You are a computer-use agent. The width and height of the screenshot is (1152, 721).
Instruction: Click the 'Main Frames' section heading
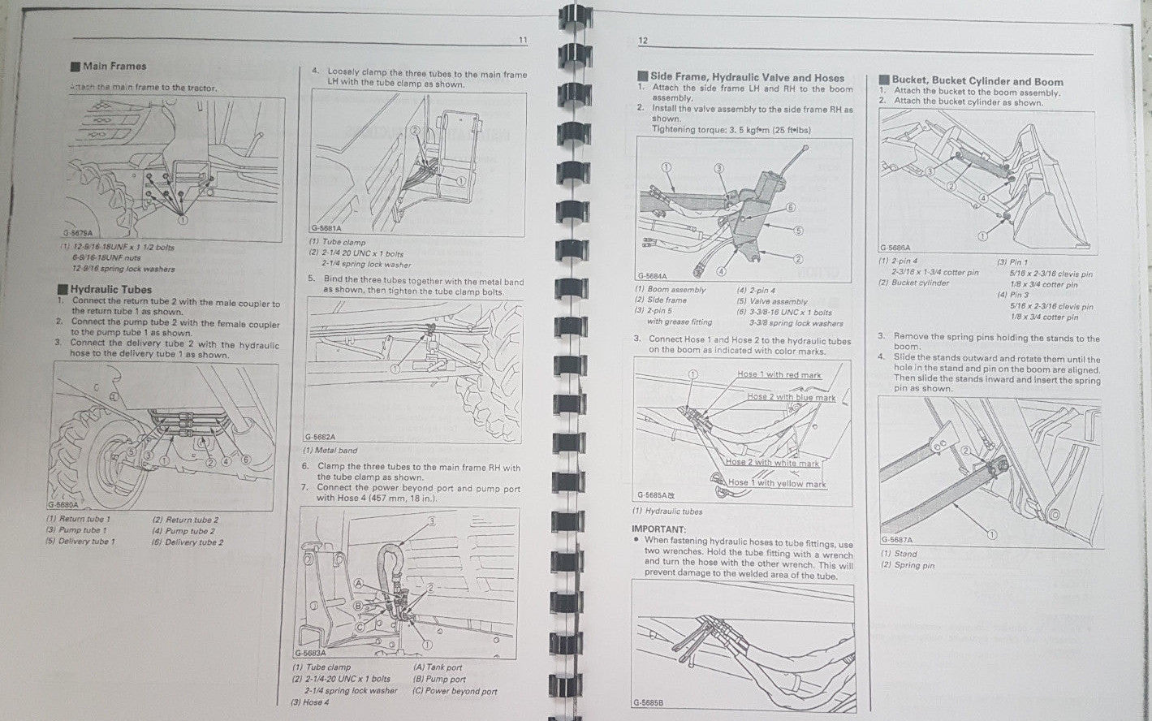pyautogui.click(x=114, y=67)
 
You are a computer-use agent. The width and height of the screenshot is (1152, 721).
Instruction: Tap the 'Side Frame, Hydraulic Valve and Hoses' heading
pyautogui.click(x=746, y=77)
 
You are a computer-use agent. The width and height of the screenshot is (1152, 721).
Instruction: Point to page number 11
pyautogui.click(x=523, y=40)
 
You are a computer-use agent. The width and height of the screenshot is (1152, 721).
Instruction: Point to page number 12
pyautogui.click(x=642, y=41)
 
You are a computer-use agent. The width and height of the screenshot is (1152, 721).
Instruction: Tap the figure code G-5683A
pyautogui.click(x=309, y=653)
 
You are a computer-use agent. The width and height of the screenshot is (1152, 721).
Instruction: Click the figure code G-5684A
pyautogui.click(x=652, y=276)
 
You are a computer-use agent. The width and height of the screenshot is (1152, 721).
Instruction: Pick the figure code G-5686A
pyautogui.click(x=895, y=248)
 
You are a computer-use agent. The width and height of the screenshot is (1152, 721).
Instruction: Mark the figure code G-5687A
pyautogui.click(x=896, y=540)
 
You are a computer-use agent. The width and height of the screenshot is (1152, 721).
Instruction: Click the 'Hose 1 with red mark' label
pyautogui.click(x=779, y=375)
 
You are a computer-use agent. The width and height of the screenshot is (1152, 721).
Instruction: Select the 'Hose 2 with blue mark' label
pyautogui.click(x=791, y=397)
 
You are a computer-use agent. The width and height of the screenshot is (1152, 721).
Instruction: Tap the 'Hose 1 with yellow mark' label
pyautogui.click(x=776, y=484)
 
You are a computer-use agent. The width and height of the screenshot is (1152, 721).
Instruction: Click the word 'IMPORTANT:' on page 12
pyautogui.click(x=658, y=529)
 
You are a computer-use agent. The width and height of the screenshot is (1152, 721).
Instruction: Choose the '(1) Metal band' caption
pyautogui.click(x=330, y=451)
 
